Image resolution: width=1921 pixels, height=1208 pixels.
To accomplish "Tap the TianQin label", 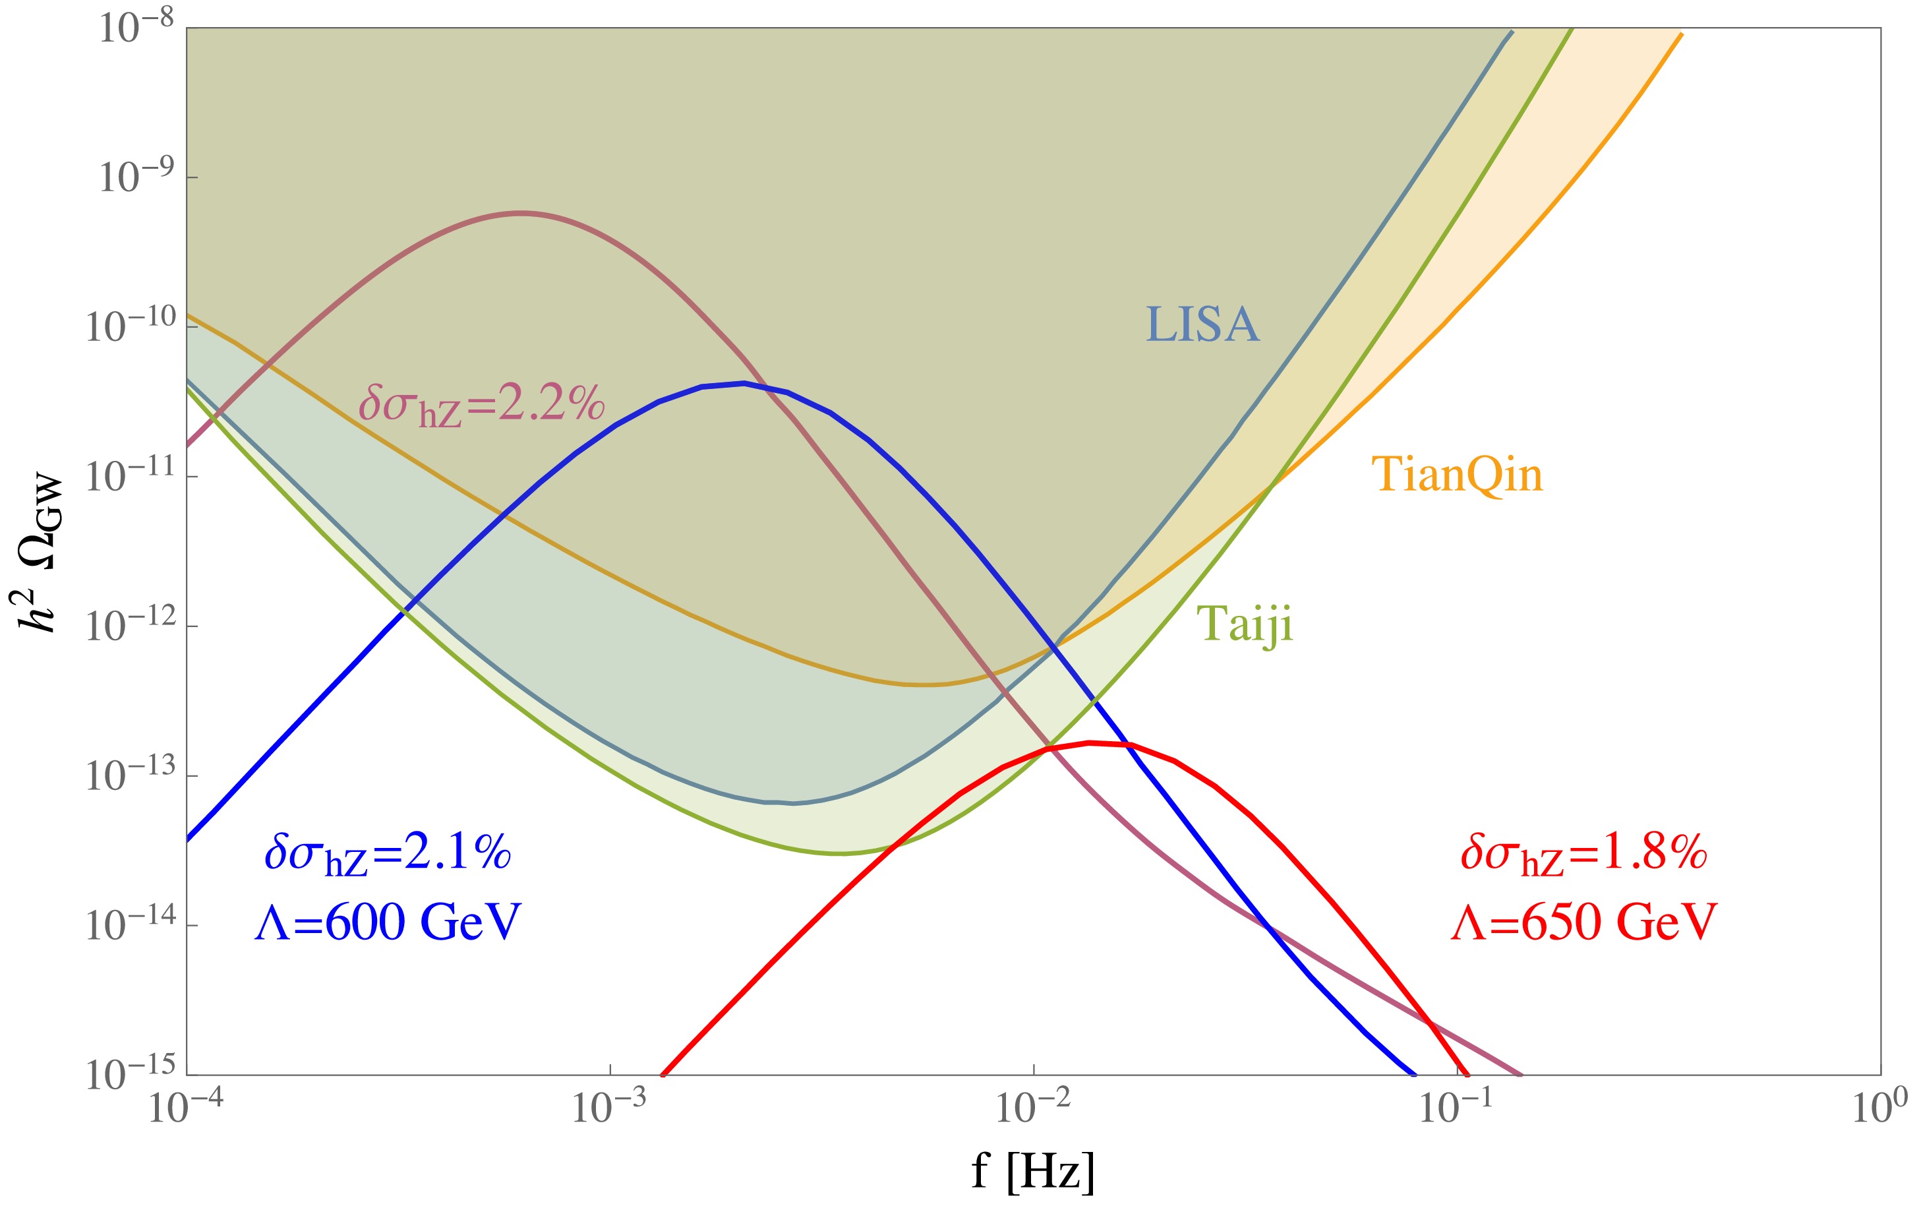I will click(x=1457, y=475).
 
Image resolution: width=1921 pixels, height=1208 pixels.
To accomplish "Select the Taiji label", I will click(x=1245, y=623).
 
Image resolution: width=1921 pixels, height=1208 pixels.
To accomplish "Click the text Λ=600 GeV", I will click(x=388, y=923).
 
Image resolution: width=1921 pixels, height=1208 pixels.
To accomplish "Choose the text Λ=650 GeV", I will click(x=1583, y=923).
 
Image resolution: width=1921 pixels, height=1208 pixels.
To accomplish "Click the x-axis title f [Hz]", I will click(x=1033, y=1171).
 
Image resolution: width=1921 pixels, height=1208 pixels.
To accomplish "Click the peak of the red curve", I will click(x=1090, y=743).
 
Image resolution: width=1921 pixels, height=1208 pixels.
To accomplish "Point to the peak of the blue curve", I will click(x=744, y=383).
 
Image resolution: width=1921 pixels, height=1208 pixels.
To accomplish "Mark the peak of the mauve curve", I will click(x=521, y=213).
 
